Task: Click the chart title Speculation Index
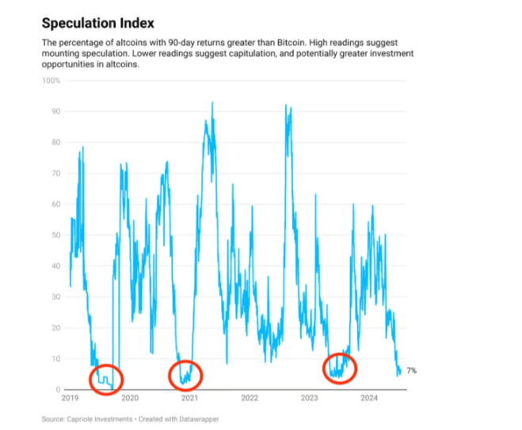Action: click(97, 23)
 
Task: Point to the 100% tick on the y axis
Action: click(51, 80)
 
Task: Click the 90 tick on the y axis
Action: click(55, 111)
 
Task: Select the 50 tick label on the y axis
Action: click(55, 234)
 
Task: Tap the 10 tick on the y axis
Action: click(55, 359)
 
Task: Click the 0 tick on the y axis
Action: click(57, 390)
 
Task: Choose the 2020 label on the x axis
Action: click(130, 398)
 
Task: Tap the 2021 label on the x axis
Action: click(189, 398)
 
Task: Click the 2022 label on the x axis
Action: click(250, 398)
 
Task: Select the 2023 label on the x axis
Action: click(310, 398)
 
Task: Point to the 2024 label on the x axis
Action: click(370, 398)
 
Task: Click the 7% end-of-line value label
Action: click(412, 371)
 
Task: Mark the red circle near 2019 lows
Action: click(105, 379)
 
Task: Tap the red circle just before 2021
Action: click(186, 374)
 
